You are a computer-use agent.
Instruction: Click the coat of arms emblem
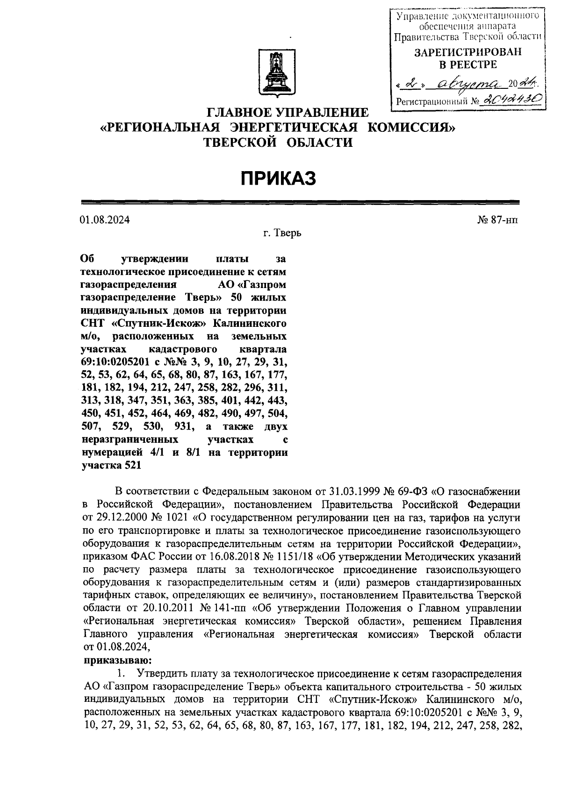274,75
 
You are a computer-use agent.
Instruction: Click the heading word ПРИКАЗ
279,178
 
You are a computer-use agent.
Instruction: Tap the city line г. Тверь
282,233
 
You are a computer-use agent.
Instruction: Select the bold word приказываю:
117,661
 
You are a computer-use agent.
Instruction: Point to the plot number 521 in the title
133,465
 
